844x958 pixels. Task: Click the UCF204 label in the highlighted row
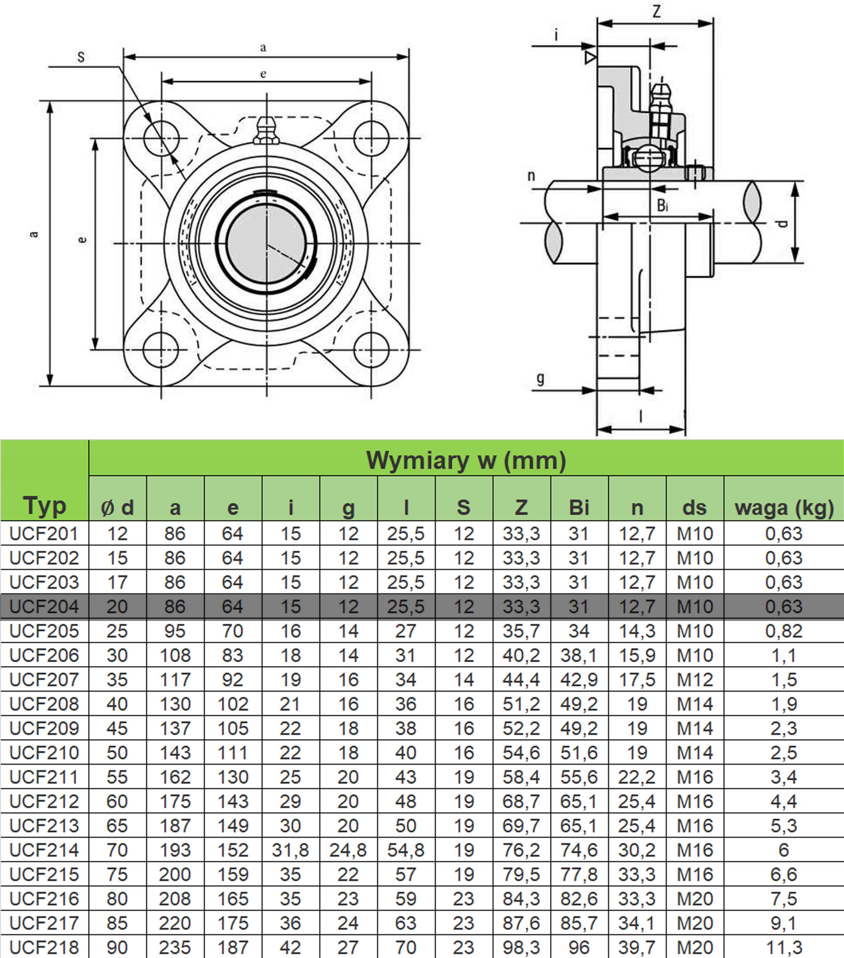[44, 607]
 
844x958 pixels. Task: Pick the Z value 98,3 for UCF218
[521, 947]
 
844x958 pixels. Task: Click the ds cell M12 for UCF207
[695, 680]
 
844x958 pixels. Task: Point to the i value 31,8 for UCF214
[290, 850]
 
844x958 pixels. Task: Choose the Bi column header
[579, 507]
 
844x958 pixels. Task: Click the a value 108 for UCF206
[175, 655]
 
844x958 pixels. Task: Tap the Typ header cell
[44, 505]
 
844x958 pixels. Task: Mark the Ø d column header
[117, 507]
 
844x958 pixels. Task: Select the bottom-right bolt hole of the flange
[371, 350]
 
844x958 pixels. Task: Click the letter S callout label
[81, 57]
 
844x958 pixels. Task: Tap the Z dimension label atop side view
[657, 11]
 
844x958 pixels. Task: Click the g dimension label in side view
[540, 378]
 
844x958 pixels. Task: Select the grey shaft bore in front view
[266, 243]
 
